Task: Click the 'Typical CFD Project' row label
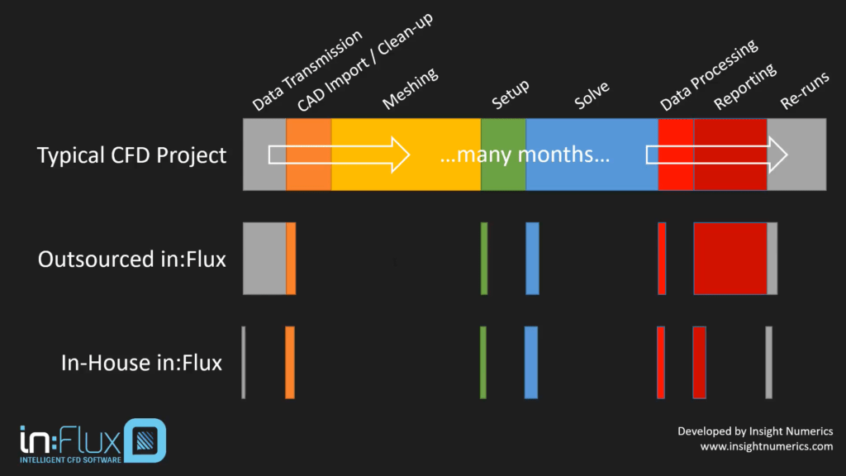[131, 155]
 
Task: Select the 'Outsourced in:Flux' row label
[131, 259]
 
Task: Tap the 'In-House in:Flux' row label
[141, 362]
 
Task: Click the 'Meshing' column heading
[410, 89]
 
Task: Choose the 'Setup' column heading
[511, 95]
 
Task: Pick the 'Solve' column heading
[592, 98]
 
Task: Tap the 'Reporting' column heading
[744, 86]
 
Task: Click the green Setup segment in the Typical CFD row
[502, 155]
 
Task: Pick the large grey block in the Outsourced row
[264, 258]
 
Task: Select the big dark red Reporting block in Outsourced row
[730, 258]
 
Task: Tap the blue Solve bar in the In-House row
[530, 362]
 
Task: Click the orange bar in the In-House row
[289, 362]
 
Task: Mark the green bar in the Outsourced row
[483, 258]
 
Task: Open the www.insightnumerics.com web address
[767, 446]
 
